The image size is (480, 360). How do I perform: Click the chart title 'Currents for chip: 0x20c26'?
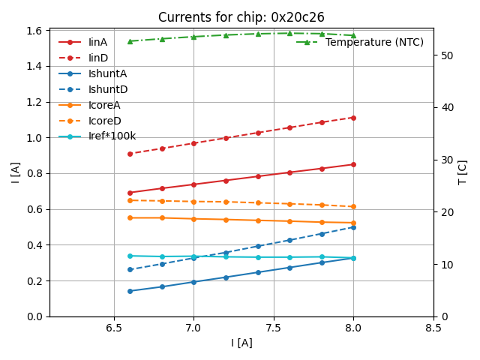241,17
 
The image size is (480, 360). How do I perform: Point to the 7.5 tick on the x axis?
274,328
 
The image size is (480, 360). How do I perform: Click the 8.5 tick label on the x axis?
433,328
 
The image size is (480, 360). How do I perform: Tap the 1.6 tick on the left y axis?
34,31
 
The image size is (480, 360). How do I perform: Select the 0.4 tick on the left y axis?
34,245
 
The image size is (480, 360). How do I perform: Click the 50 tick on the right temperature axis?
443,55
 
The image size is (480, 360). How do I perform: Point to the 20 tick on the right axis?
443,212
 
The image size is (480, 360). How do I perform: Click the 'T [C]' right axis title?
463,172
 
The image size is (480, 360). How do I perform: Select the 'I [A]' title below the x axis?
241,343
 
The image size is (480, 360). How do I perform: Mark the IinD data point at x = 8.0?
353,118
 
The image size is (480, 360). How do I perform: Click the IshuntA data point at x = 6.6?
130,291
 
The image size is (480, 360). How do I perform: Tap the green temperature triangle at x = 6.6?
130,41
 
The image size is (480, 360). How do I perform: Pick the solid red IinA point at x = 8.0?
353,164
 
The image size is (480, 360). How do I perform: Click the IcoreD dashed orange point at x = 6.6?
130,200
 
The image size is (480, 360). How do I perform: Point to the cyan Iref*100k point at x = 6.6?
130,256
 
